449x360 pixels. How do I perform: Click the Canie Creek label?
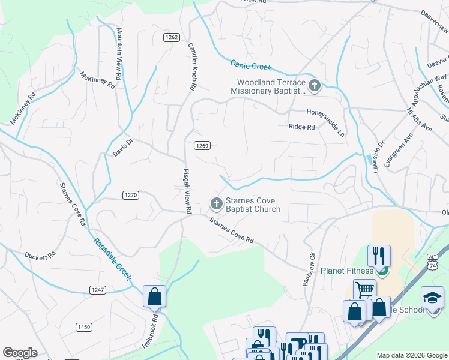coord(252,65)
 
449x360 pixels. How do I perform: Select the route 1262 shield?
coord(171,37)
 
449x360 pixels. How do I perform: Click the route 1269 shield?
coord(202,146)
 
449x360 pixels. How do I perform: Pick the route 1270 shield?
coord(131,195)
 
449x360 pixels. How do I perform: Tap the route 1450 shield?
coord(84,327)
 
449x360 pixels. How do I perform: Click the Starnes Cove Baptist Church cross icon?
coord(215,205)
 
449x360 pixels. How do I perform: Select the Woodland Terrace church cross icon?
coord(314,86)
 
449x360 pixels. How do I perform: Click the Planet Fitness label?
coord(347,271)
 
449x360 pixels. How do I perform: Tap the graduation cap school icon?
coord(432,298)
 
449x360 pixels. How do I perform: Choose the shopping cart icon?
coord(364,290)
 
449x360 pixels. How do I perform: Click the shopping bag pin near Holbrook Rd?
coord(154,296)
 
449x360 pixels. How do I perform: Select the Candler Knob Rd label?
coord(192,67)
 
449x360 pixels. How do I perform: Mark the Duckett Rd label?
coord(40,255)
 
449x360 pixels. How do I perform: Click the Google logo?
coord(20,353)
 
